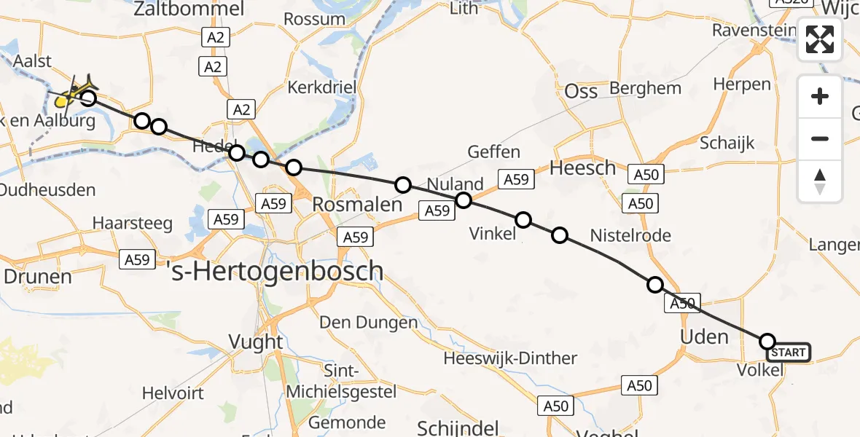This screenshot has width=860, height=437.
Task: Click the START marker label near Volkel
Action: point(788,353)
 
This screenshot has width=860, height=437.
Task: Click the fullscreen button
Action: point(820,39)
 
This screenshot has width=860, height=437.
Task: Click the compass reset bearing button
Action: point(820,181)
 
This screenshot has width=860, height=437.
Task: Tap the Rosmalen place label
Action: point(357,205)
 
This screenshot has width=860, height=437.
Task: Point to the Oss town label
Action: point(582,91)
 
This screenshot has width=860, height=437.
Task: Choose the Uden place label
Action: point(704,336)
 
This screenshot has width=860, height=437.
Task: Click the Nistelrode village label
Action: point(630,235)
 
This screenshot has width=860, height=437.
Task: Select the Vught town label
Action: point(256,342)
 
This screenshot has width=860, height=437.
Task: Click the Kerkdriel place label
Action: point(321,87)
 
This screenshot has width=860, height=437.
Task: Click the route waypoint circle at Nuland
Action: point(464,200)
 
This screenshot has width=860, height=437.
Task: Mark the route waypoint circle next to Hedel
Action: point(237,153)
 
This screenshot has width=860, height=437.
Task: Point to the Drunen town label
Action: point(38,277)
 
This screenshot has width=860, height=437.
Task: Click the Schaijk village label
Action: point(727,143)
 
